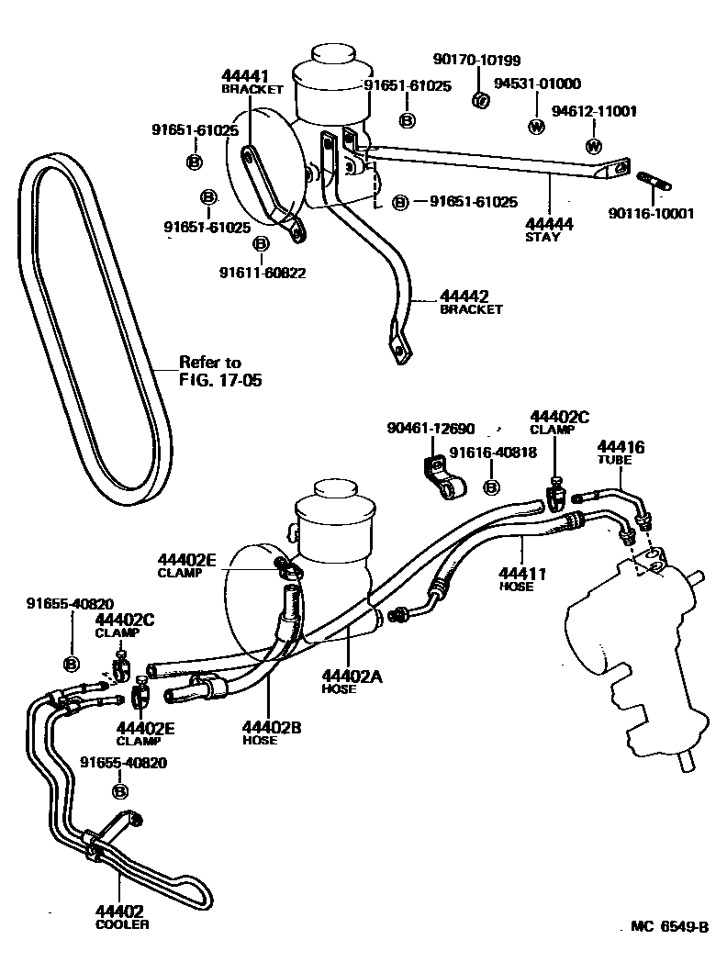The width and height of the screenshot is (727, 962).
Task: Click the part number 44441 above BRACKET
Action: (244, 75)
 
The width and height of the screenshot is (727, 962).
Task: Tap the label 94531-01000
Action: (537, 84)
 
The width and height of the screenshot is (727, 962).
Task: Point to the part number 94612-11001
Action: (594, 111)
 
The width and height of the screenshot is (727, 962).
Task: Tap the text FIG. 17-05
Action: (220, 379)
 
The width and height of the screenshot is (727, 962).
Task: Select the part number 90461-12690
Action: (431, 429)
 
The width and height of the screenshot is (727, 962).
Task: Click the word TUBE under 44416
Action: (615, 461)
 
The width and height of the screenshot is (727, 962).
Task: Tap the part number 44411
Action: (522, 574)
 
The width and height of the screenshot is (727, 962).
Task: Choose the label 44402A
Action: (352, 676)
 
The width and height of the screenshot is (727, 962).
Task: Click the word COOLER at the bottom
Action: (121, 924)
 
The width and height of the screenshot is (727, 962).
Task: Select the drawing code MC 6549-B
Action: (669, 927)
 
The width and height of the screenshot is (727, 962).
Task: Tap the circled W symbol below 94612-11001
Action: (593, 147)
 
